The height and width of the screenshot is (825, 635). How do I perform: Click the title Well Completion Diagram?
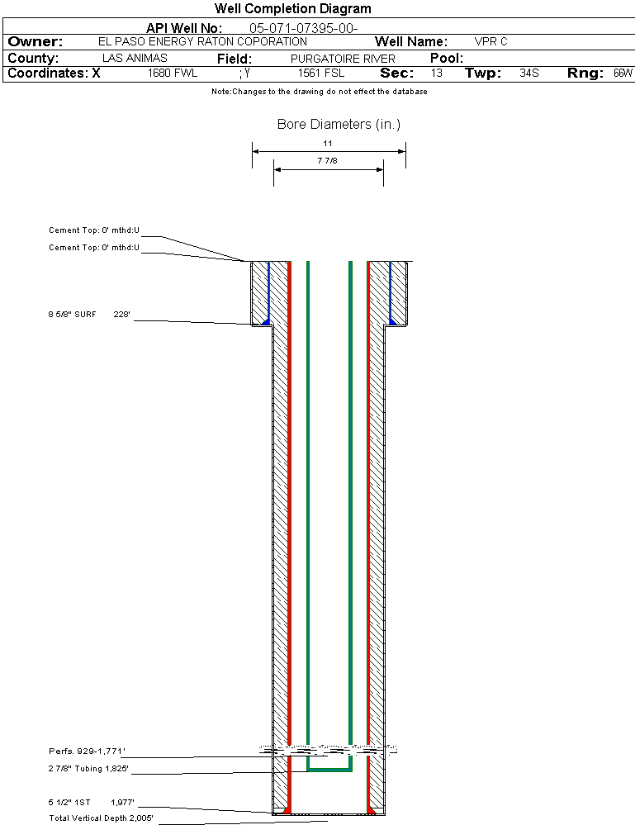(x=292, y=9)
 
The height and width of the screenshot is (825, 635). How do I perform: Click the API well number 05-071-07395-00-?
(x=304, y=28)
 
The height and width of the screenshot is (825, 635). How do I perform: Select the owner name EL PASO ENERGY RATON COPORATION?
(x=202, y=41)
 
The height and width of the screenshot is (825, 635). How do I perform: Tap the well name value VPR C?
(x=490, y=41)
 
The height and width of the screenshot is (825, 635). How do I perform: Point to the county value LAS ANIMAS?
(x=135, y=58)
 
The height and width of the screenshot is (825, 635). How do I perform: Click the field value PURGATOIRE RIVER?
(x=343, y=59)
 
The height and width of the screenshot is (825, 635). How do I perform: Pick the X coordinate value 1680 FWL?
(x=173, y=73)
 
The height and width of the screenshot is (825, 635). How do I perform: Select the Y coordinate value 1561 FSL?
(x=321, y=73)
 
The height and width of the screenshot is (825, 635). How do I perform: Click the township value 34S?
(x=529, y=73)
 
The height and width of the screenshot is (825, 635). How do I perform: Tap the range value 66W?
(x=623, y=73)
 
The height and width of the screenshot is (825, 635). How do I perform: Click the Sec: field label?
(x=396, y=73)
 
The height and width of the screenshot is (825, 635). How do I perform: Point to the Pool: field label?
(x=447, y=58)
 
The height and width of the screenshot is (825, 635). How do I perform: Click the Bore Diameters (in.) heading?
(x=339, y=124)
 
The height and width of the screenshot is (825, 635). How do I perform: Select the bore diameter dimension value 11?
(x=328, y=143)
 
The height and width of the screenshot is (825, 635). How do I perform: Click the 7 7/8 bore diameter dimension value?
(x=327, y=160)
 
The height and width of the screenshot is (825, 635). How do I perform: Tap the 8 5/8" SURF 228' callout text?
(x=89, y=315)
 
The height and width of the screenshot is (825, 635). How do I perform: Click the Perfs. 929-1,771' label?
(x=87, y=752)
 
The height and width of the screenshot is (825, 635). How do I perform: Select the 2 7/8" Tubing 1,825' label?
(x=88, y=769)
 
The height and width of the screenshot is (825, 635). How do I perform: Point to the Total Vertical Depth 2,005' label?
(x=101, y=818)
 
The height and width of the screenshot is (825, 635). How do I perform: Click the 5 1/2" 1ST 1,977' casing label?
(x=91, y=803)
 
